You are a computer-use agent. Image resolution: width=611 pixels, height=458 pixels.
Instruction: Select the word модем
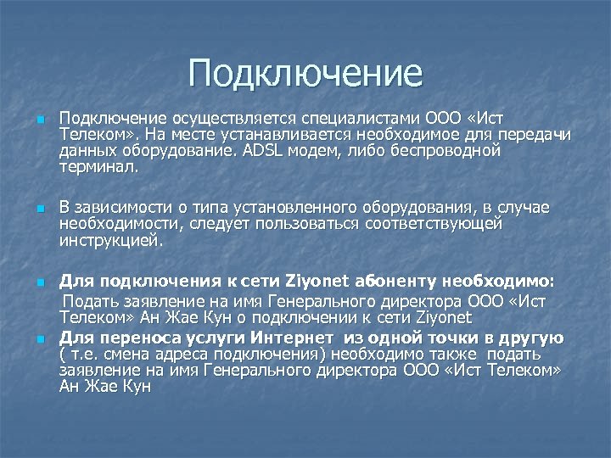(x=316, y=151)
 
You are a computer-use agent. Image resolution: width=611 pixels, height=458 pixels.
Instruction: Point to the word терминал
(x=98, y=167)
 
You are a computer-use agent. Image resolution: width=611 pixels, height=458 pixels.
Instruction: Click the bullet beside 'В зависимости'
(x=39, y=209)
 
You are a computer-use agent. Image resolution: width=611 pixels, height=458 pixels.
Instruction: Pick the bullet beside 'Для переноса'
(x=39, y=338)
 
